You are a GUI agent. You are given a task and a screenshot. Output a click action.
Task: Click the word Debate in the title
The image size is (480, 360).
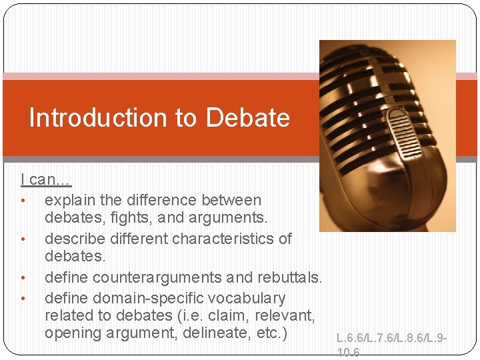click(x=248, y=118)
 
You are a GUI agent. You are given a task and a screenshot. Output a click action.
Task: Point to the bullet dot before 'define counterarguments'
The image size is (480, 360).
click(x=23, y=277)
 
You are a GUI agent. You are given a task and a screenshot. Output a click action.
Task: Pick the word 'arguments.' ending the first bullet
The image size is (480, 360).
click(x=231, y=217)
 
